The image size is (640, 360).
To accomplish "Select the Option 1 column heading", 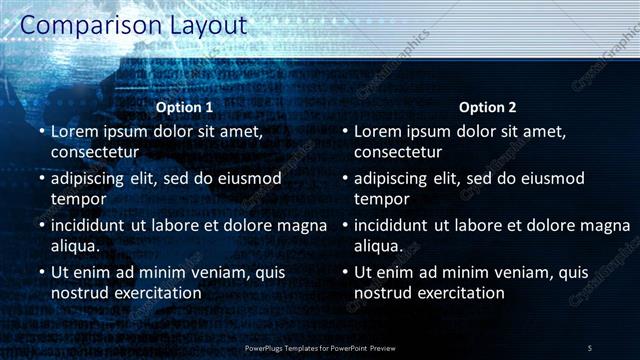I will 185,107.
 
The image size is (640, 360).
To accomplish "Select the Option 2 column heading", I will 488,107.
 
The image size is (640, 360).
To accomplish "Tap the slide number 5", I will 589,347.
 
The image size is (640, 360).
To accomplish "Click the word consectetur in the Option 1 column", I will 95,152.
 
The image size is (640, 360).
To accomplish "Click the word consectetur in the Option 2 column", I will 398,152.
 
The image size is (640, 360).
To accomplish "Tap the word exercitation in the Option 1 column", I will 155,293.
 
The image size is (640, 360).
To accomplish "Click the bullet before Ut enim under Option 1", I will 40,272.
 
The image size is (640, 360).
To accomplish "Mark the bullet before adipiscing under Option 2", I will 344,178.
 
